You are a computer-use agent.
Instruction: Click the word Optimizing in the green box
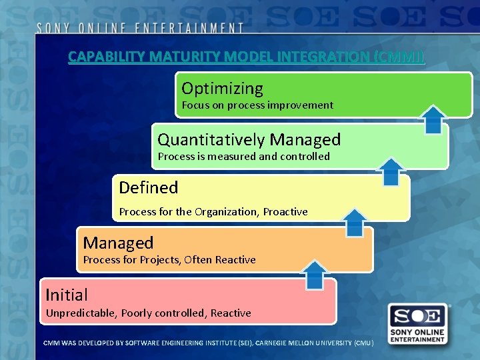(x=222, y=88)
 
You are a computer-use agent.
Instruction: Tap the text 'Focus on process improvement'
(x=257, y=105)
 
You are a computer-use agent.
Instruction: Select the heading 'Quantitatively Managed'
(x=249, y=139)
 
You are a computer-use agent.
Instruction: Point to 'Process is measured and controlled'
(x=243, y=156)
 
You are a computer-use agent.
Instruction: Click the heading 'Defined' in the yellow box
(x=148, y=187)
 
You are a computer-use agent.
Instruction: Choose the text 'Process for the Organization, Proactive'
(x=213, y=211)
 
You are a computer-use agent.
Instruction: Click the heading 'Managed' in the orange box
(x=118, y=243)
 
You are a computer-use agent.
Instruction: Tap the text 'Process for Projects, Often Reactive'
(x=169, y=259)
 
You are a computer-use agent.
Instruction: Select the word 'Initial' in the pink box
(x=66, y=294)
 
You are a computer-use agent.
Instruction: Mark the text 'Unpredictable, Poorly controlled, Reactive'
(x=148, y=313)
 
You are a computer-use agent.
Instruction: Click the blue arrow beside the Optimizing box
(x=434, y=119)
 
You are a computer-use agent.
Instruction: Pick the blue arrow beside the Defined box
(x=355, y=222)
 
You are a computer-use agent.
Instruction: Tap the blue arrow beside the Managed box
(x=315, y=274)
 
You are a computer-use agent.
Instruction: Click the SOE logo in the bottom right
(x=418, y=323)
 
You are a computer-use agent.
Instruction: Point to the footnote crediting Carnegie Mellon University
(x=208, y=343)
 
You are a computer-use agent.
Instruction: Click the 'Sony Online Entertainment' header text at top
(x=140, y=28)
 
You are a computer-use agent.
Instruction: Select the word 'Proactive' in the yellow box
(x=285, y=211)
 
